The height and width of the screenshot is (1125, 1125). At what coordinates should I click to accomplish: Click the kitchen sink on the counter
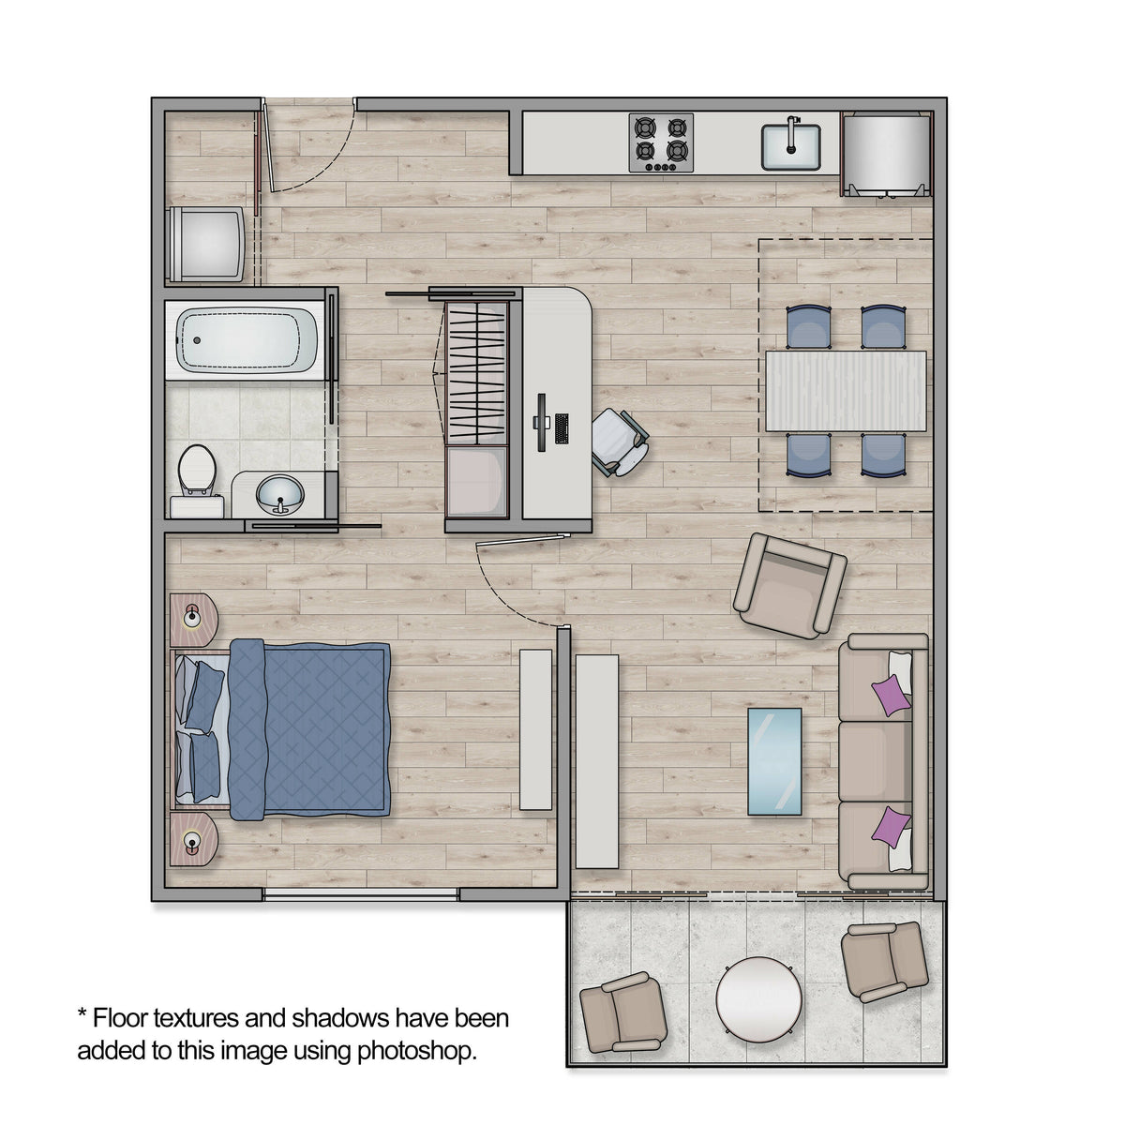click(790, 147)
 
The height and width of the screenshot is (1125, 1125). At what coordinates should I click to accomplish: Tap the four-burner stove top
click(661, 142)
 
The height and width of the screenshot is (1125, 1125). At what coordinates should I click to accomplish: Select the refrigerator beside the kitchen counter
click(886, 154)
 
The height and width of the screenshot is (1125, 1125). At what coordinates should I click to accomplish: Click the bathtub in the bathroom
click(247, 339)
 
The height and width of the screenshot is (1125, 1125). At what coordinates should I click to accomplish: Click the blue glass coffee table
click(774, 761)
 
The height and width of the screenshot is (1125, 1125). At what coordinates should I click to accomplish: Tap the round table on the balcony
click(759, 998)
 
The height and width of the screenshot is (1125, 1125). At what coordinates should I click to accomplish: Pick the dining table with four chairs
click(846, 391)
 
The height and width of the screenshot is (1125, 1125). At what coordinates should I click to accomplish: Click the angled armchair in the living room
click(789, 586)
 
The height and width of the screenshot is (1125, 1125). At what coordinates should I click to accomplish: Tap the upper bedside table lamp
click(191, 615)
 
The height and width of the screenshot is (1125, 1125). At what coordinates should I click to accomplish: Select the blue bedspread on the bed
click(309, 729)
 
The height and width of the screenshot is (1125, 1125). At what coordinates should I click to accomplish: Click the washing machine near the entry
click(205, 244)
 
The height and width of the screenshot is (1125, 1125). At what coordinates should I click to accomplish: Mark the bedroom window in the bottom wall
click(360, 894)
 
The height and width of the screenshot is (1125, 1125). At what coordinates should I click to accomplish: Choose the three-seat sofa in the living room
click(883, 761)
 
